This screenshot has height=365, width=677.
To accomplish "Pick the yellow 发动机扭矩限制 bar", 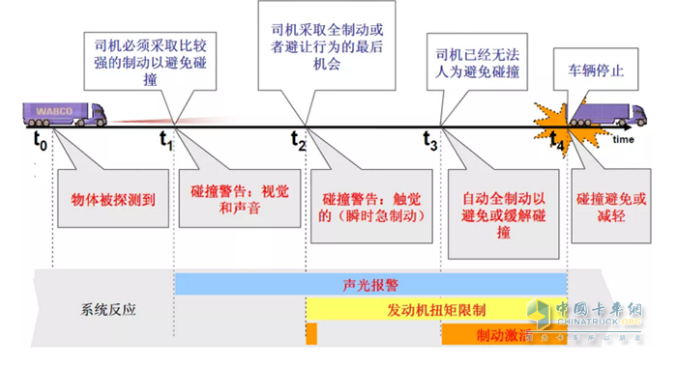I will pyautogui.click(x=435, y=309).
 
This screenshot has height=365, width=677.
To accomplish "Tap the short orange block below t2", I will pyautogui.click(x=311, y=334).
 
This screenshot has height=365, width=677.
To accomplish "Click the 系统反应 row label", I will pyautogui.click(x=107, y=310).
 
